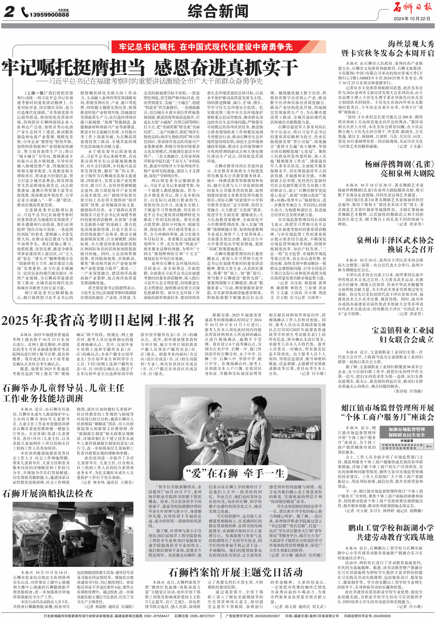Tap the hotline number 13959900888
(49, 15)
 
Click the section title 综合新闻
(218, 11)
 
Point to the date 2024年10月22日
(412, 19)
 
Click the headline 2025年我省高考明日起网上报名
(98, 321)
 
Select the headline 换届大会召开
(410, 249)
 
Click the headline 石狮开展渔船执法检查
(47, 494)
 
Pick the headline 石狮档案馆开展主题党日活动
(235, 572)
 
